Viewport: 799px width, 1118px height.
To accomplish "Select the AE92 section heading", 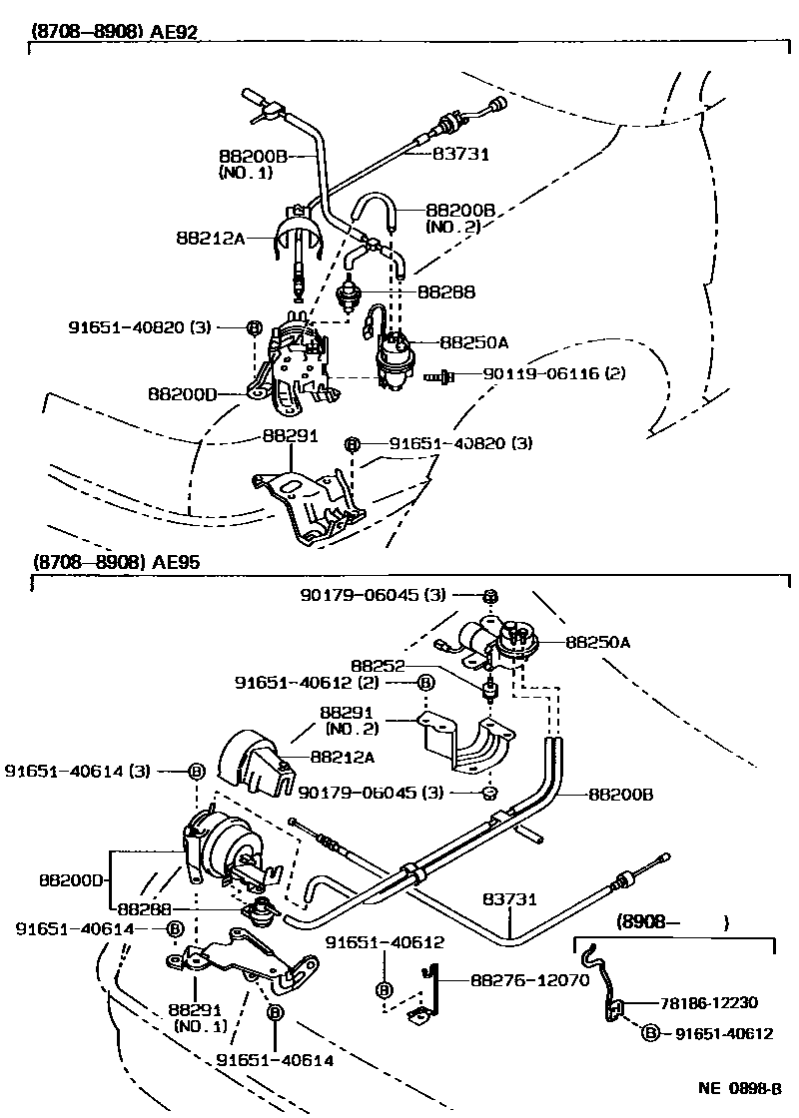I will tap(115, 31).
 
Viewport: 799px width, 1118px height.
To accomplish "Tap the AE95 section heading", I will tap(115, 562).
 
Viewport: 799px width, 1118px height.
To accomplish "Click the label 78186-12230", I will tap(717, 1004).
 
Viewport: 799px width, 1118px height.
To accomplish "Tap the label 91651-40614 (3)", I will tap(92, 771).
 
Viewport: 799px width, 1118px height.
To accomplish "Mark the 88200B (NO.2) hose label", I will tap(460, 218).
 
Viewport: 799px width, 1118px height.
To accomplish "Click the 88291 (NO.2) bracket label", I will tap(346, 721).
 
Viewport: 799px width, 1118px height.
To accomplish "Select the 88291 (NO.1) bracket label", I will tap(200, 1016).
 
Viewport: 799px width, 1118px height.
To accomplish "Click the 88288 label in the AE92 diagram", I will tap(445, 292).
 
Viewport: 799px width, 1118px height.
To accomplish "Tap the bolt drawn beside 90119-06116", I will tap(439, 376).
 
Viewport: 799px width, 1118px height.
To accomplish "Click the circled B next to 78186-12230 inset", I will tap(650, 1034).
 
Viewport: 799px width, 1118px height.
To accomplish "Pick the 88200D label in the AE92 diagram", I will tap(183, 394).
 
